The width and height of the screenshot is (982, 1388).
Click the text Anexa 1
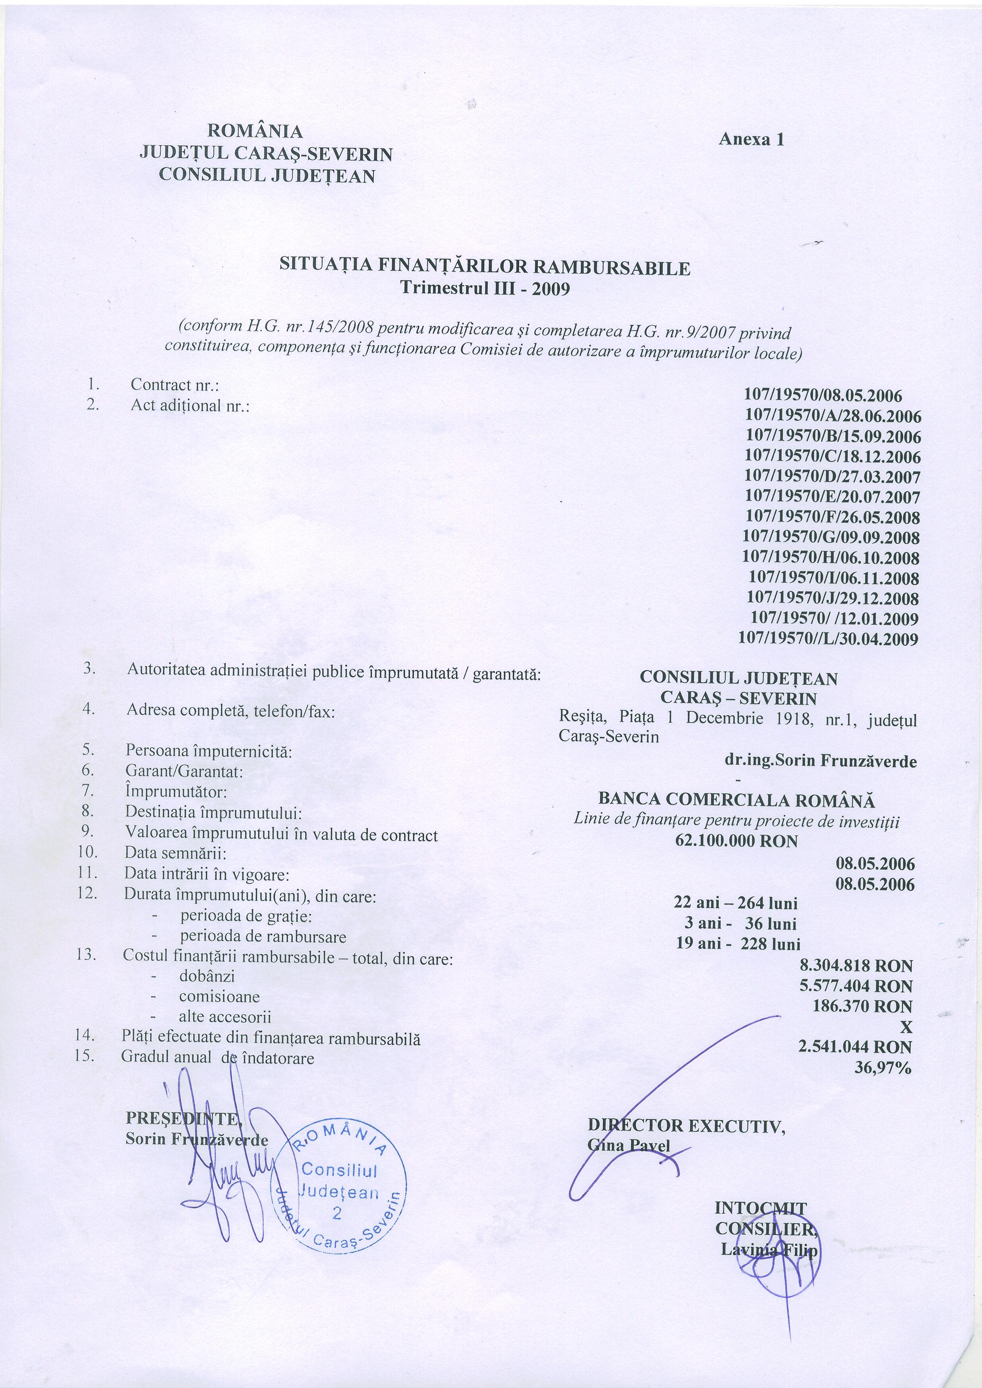pos(751,140)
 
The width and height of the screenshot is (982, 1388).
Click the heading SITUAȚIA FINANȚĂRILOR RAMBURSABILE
pos(484,267)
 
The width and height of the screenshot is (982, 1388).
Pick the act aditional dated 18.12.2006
pos(833,456)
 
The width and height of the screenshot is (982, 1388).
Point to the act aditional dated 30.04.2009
pos(828,639)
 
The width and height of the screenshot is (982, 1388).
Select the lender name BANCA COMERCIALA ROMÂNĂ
pos(736,800)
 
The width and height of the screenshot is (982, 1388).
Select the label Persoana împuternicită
pos(209,752)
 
